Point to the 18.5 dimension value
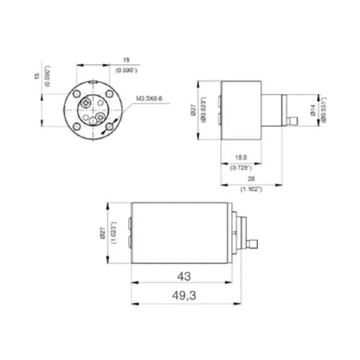click(x=241, y=156)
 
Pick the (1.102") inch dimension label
click(x=250, y=190)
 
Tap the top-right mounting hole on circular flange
click(x=108, y=95)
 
